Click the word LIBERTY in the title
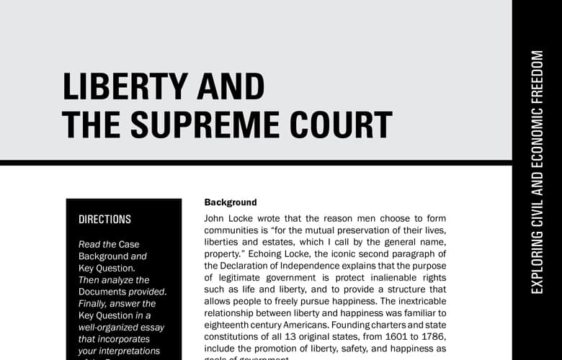123,86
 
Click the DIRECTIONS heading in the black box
104,220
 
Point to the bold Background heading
230,202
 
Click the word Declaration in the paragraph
249,266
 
